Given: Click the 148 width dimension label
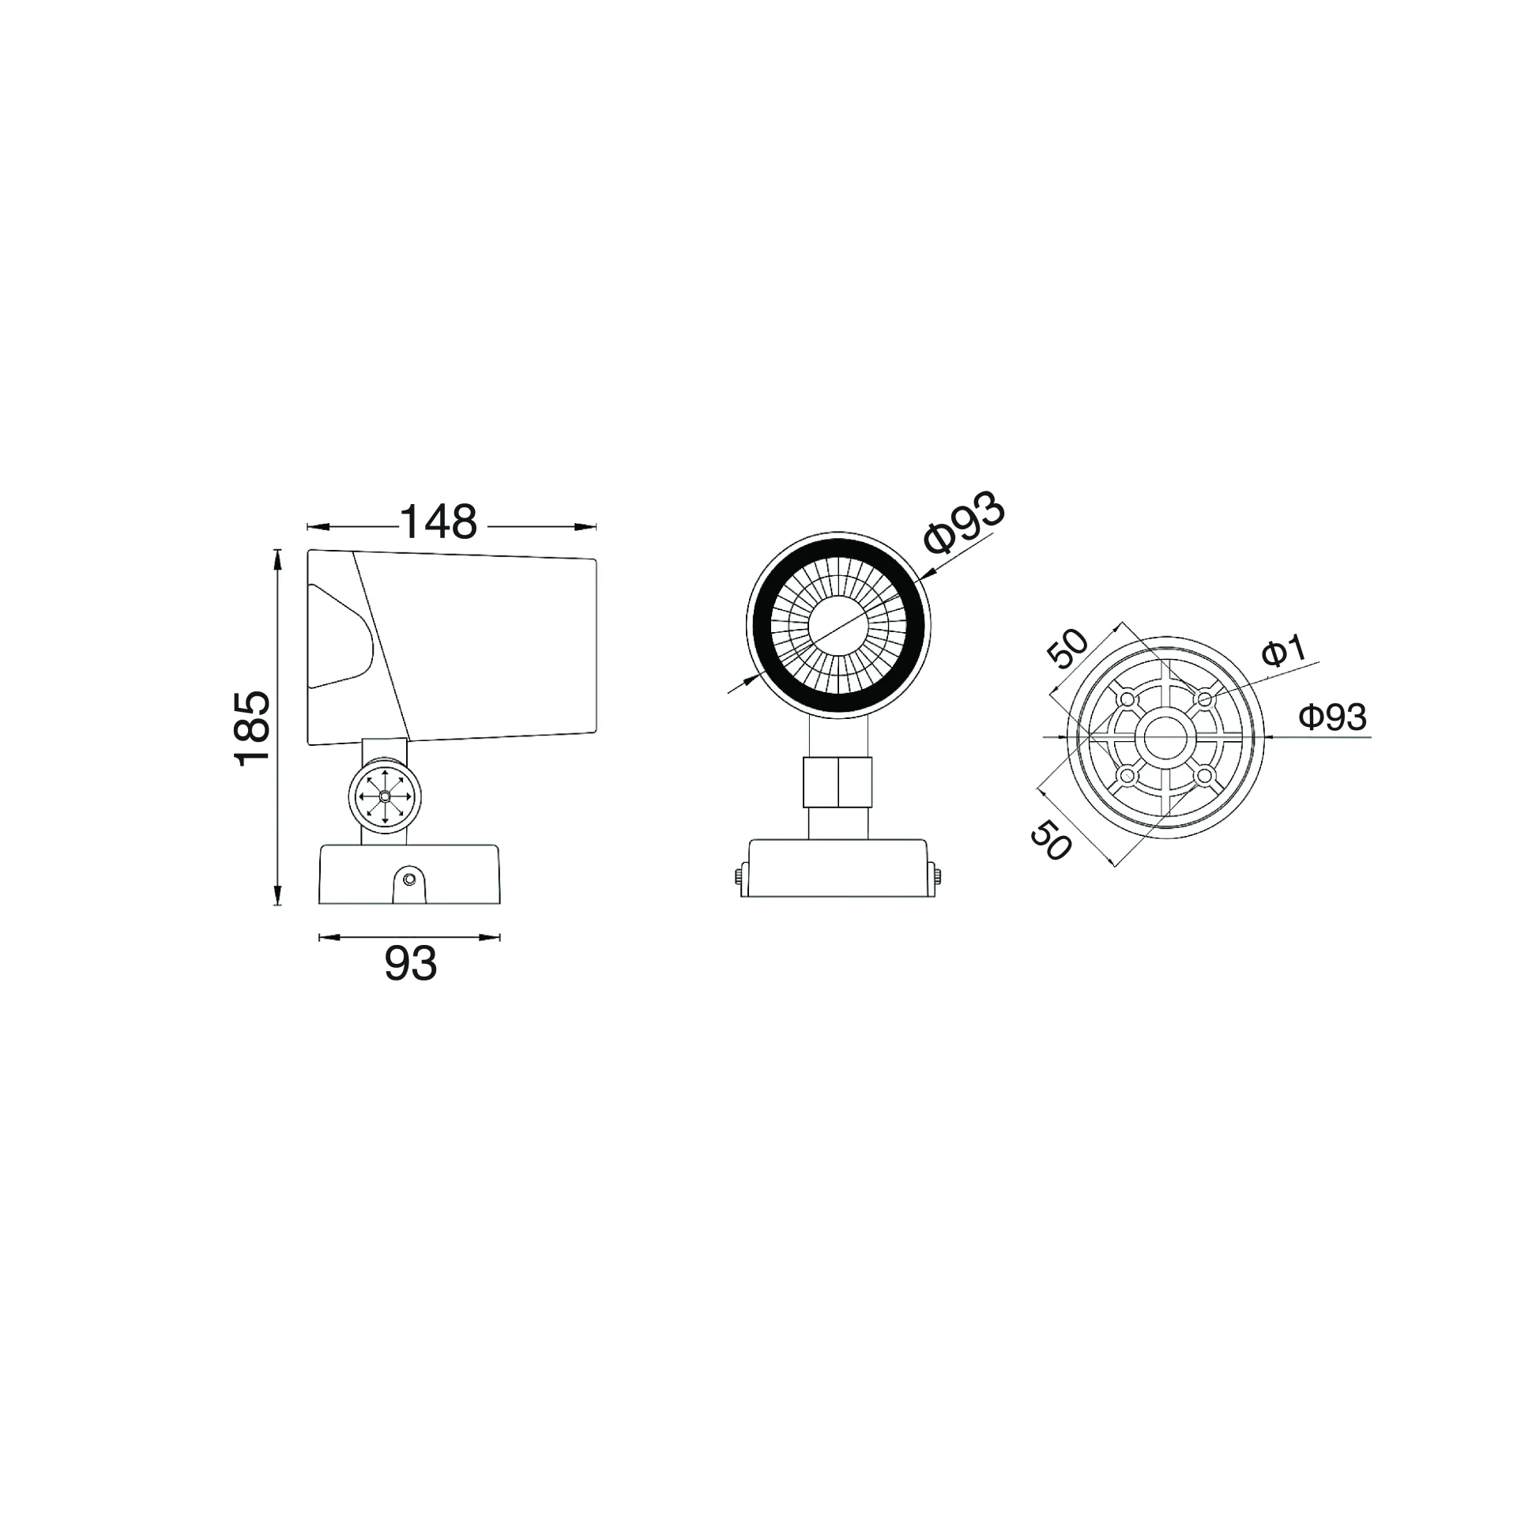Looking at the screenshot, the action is click(x=439, y=522).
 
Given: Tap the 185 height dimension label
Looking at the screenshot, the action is click(x=253, y=728).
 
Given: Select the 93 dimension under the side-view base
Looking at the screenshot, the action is click(x=411, y=963).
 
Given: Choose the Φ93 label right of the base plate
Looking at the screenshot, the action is click(x=1333, y=717).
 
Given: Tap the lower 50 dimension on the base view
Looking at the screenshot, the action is click(x=1052, y=839).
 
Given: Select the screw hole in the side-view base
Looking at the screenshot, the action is click(x=409, y=879).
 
